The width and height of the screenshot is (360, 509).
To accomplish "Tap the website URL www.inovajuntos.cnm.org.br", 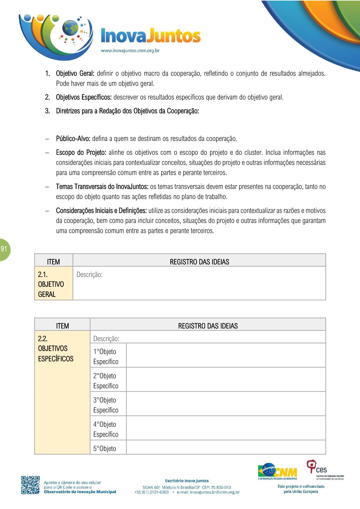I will click(x=130, y=51).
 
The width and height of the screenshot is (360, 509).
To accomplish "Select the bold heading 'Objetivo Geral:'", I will click(x=75, y=73).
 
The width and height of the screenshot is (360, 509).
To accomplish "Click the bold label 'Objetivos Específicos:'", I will click(x=84, y=97).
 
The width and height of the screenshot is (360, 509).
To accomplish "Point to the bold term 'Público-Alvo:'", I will click(x=73, y=139).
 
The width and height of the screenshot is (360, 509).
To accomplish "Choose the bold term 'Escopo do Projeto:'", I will click(x=81, y=152).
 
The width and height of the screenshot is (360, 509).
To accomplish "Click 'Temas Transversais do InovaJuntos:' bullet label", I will click(x=102, y=187).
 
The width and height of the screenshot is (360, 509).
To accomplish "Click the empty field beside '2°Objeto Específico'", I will click(x=226, y=380).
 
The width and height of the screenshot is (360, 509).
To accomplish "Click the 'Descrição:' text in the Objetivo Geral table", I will click(x=89, y=275).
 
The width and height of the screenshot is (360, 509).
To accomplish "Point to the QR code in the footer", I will click(x=30, y=485).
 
